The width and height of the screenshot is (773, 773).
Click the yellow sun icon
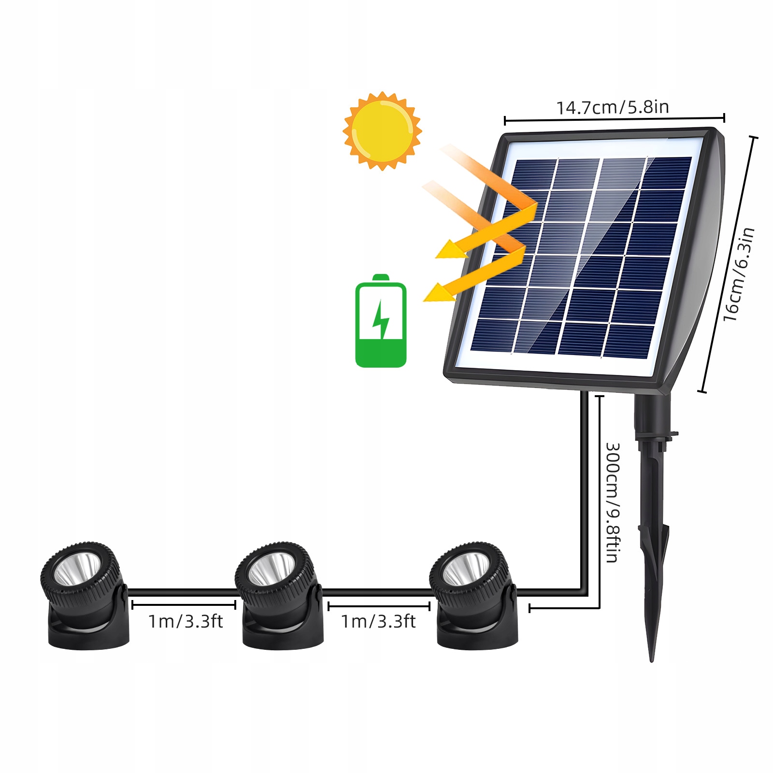(x=382, y=130)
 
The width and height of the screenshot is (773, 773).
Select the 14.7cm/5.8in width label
(x=613, y=107)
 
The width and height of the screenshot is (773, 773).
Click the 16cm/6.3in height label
(x=739, y=274)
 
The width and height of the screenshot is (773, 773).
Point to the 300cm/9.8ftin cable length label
(x=613, y=502)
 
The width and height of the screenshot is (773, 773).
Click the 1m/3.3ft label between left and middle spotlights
(x=186, y=621)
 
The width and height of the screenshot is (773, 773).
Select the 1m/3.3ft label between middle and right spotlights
(x=378, y=621)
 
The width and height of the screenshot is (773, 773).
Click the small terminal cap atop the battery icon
(x=381, y=277)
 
